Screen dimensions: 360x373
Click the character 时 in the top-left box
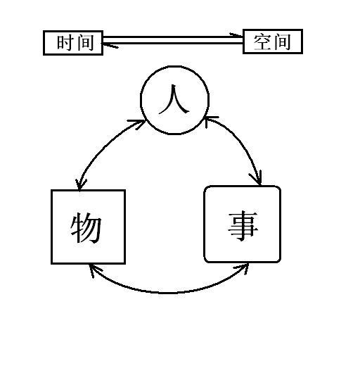(65, 43)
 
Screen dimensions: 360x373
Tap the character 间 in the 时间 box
(85, 43)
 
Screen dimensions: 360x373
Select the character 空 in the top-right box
(262, 42)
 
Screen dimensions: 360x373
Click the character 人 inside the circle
(174, 99)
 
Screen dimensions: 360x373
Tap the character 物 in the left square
(86, 227)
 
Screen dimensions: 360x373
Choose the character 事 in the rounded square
(243, 226)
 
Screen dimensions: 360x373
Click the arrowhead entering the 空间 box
(237, 35)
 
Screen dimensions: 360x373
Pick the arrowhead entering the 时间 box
(109, 45)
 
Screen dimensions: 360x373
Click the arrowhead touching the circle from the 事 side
(210, 121)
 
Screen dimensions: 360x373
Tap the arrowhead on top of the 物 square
(80, 184)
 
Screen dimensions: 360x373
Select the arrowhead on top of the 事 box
(257, 178)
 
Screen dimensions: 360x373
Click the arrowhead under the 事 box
(243, 268)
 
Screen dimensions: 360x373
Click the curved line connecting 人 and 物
(105, 148)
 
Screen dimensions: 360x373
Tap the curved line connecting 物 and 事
(168, 293)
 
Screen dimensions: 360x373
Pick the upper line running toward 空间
(173, 37)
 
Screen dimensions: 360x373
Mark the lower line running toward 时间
(173, 44)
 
